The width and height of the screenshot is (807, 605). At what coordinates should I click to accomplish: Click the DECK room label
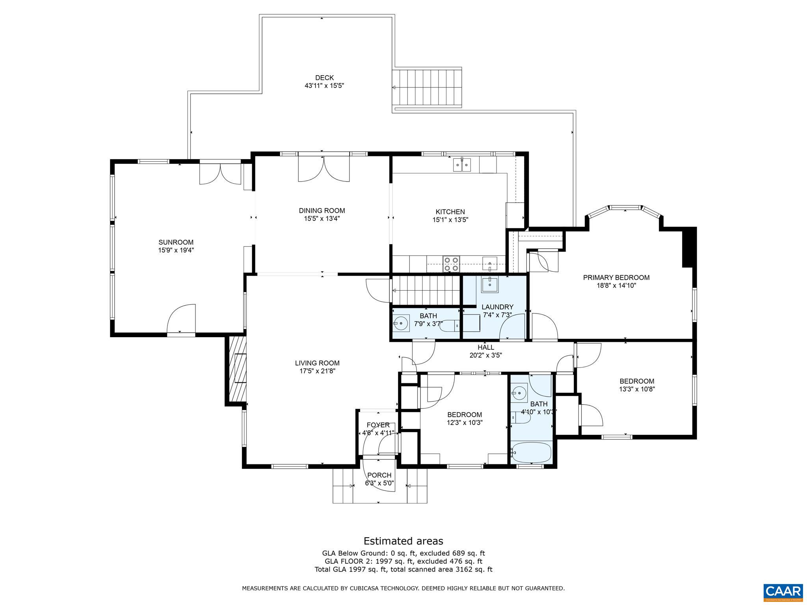tap(324, 78)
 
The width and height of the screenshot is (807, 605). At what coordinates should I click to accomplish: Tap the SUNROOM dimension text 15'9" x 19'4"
tap(176, 250)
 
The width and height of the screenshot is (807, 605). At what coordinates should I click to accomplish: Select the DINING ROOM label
tap(322, 211)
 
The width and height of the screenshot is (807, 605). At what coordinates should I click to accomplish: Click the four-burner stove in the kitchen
tap(451, 264)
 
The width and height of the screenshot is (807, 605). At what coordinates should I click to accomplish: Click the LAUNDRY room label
tap(497, 307)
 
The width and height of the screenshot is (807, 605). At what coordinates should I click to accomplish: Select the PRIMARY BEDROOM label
tap(616, 277)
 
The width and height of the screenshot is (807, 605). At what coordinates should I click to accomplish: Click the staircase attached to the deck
tap(427, 88)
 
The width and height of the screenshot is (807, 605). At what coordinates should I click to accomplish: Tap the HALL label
tap(485, 347)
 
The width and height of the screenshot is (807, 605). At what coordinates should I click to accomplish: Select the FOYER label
tap(378, 425)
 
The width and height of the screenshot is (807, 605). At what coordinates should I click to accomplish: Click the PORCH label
tap(379, 475)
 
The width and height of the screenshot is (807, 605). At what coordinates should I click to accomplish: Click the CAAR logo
tap(783, 591)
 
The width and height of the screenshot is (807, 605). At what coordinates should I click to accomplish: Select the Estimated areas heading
tap(403, 541)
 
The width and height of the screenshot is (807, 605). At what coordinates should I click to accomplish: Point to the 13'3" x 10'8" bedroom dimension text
tap(637, 389)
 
